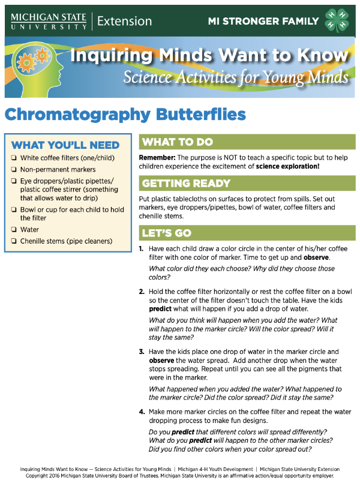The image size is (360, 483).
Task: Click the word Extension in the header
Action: tap(124, 21)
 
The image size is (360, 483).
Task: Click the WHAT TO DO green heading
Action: tap(178, 142)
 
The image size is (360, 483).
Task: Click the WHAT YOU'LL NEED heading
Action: tap(65, 145)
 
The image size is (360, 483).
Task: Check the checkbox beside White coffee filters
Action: tap(14, 158)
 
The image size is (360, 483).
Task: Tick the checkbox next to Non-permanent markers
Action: tap(14, 170)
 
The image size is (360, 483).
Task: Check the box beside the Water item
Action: tap(14, 230)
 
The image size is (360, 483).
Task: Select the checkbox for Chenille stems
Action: tap(14, 242)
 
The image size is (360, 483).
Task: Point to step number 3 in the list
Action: tap(141, 352)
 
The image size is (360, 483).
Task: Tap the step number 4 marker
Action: tap(142, 412)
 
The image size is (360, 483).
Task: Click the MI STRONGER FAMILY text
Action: tap(263, 21)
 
